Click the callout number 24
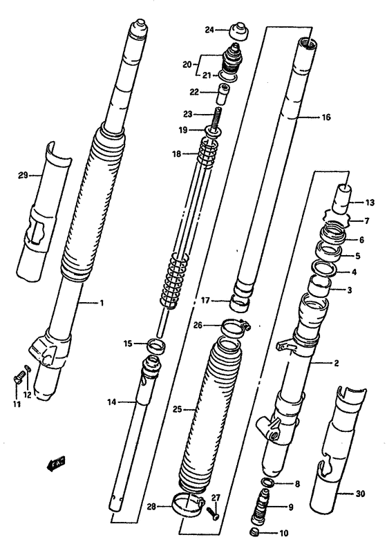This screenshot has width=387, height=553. coord(209,29)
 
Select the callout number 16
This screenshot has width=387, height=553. coord(325,118)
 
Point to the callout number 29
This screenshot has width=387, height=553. coord(23,176)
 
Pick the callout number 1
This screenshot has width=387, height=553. coord(102,302)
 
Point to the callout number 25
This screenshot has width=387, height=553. coord(176,409)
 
